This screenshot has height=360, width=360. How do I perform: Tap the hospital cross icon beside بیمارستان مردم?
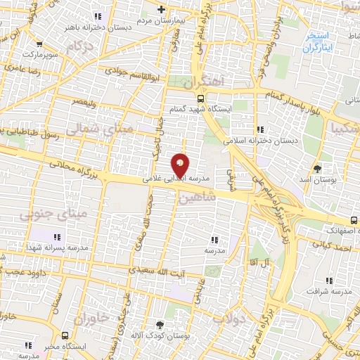[x=162, y=10]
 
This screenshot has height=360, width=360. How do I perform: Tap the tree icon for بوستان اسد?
[x=318, y=169]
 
